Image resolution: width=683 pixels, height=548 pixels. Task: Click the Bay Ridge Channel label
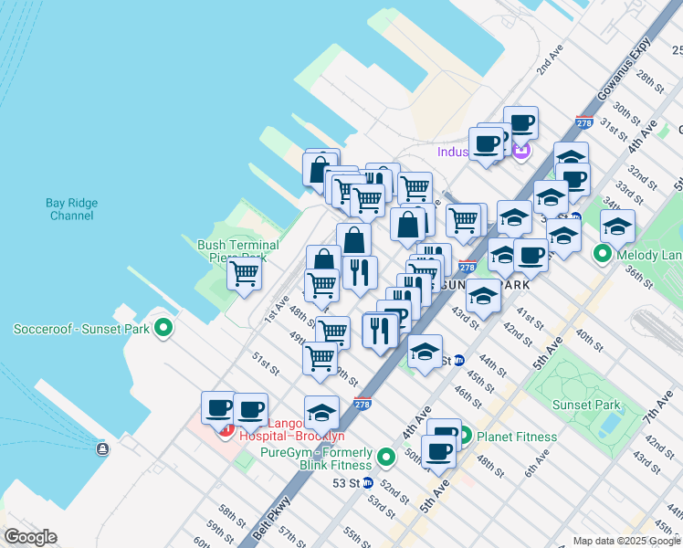point(69,209)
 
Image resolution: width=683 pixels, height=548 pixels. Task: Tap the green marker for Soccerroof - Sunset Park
point(163,327)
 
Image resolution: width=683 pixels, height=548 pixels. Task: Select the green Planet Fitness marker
point(465,436)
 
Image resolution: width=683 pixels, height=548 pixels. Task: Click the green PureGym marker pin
point(386,456)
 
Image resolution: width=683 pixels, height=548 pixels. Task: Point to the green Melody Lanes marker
point(603,253)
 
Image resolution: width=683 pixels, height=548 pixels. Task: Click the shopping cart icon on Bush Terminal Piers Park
point(244,273)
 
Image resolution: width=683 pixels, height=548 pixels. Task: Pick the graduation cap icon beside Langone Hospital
point(320,412)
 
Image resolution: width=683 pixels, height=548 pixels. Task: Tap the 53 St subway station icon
point(367,482)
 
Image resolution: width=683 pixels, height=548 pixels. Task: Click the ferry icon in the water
point(101,448)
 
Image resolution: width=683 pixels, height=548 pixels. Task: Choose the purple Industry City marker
point(521,150)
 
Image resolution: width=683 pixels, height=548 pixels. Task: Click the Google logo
point(30,537)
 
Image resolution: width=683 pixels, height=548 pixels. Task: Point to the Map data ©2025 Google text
point(625,541)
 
